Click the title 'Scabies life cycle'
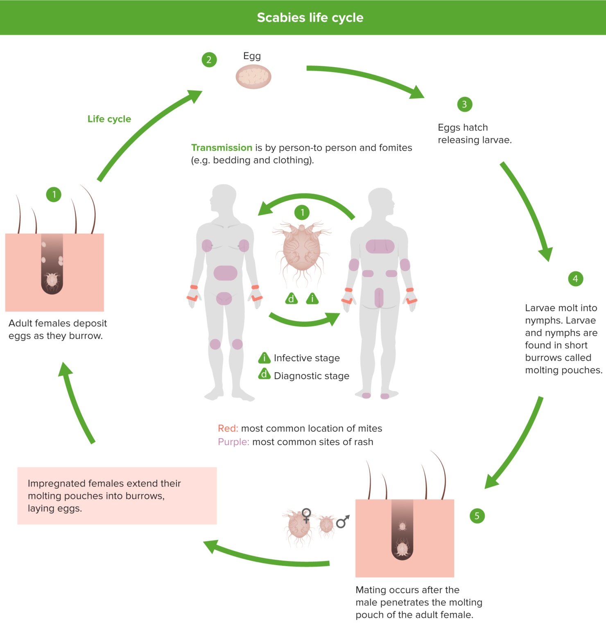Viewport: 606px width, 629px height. point(310,18)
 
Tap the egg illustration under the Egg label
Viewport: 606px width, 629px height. point(253,77)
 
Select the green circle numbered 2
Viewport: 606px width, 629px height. point(209,60)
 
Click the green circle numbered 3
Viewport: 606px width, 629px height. point(464,104)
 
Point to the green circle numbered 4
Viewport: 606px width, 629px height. point(575,279)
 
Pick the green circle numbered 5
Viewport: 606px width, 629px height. point(477,516)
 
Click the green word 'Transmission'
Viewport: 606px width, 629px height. point(222,148)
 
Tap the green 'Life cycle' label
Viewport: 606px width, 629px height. point(109,119)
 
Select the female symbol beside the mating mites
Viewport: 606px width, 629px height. point(306,515)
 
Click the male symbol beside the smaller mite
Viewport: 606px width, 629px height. point(343,521)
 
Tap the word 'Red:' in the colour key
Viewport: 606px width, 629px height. point(228,428)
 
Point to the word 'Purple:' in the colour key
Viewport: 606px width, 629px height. point(233,442)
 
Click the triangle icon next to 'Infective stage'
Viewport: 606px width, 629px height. point(265,358)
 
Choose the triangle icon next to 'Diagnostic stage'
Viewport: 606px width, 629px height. point(265,374)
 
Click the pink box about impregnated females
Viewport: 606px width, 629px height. point(117,496)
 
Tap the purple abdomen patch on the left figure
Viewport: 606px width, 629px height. point(225,273)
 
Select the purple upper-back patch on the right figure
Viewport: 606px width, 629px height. point(380,247)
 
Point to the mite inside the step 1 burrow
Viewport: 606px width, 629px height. point(52,280)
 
